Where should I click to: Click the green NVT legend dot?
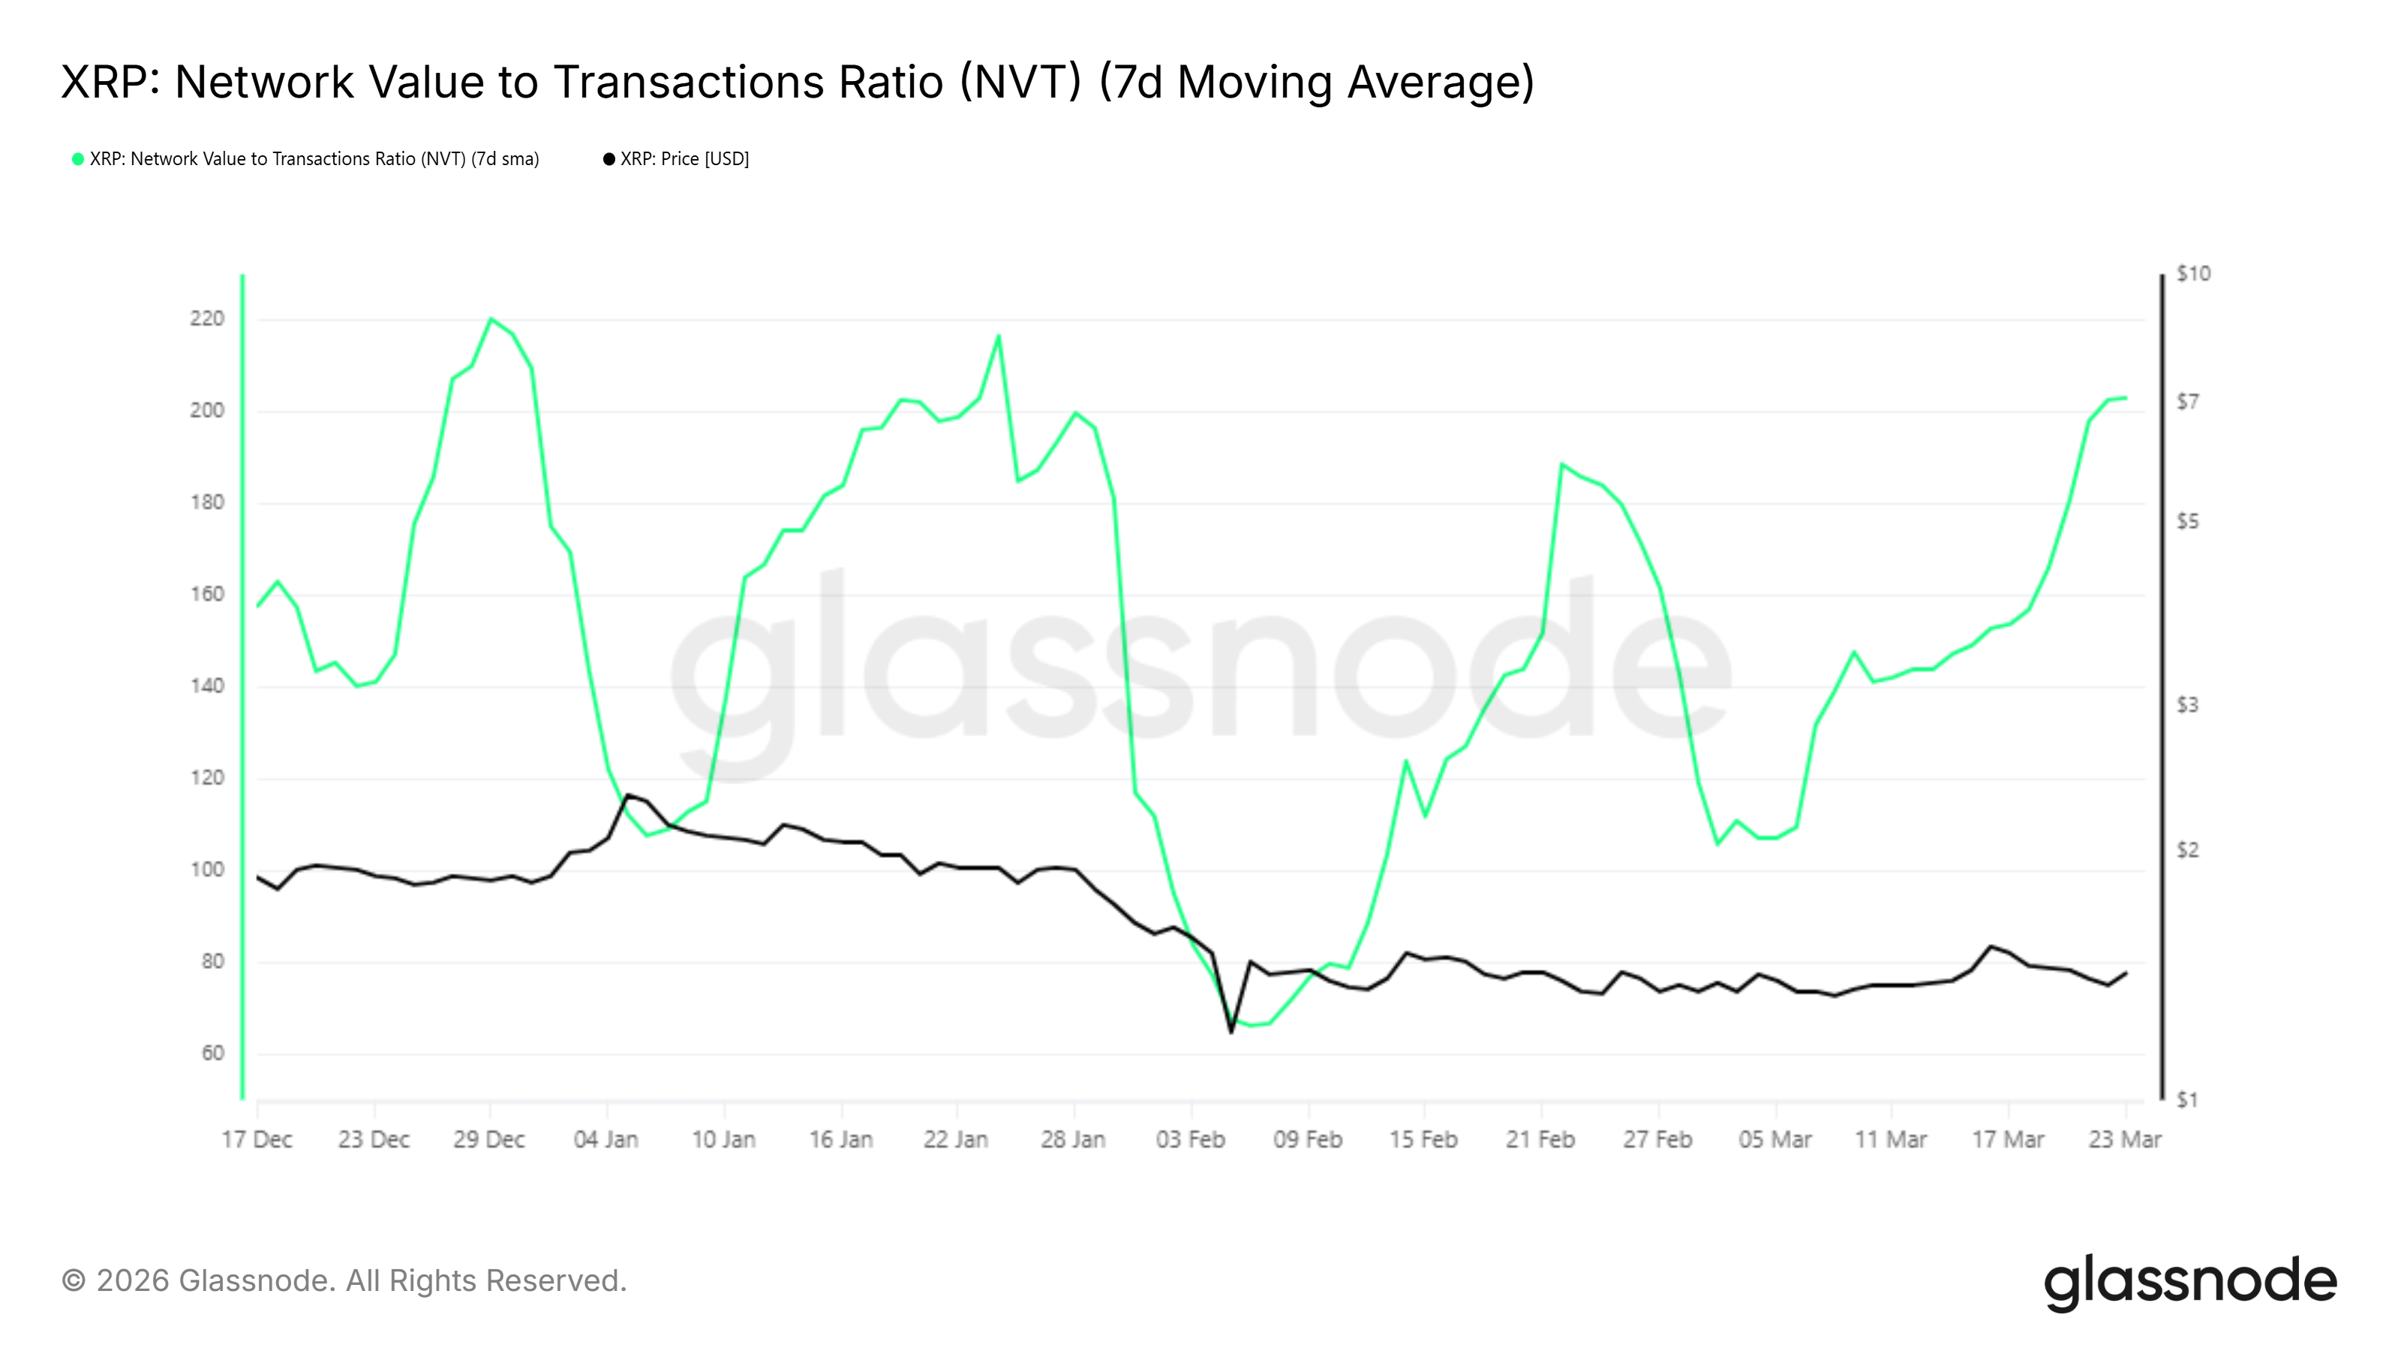point(78,159)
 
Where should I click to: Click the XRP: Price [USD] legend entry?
point(684,159)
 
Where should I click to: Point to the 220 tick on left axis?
point(207,319)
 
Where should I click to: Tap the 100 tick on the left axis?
point(207,870)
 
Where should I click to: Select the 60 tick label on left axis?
point(212,1054)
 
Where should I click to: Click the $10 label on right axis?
point(2192,274)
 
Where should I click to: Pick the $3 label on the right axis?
point(2186,705)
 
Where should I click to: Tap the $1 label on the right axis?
point(2186,1100)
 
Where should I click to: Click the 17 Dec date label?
point(257,1139)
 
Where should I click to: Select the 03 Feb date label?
point(1190,1139)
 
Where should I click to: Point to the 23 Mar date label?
point(2124,1139)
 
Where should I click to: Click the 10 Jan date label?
point(723,1139)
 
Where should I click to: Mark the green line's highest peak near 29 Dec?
point(491,319)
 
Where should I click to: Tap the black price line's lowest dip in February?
point(1231,1032)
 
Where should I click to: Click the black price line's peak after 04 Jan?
point(628,796)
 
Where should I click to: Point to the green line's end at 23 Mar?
point(2125,398)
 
